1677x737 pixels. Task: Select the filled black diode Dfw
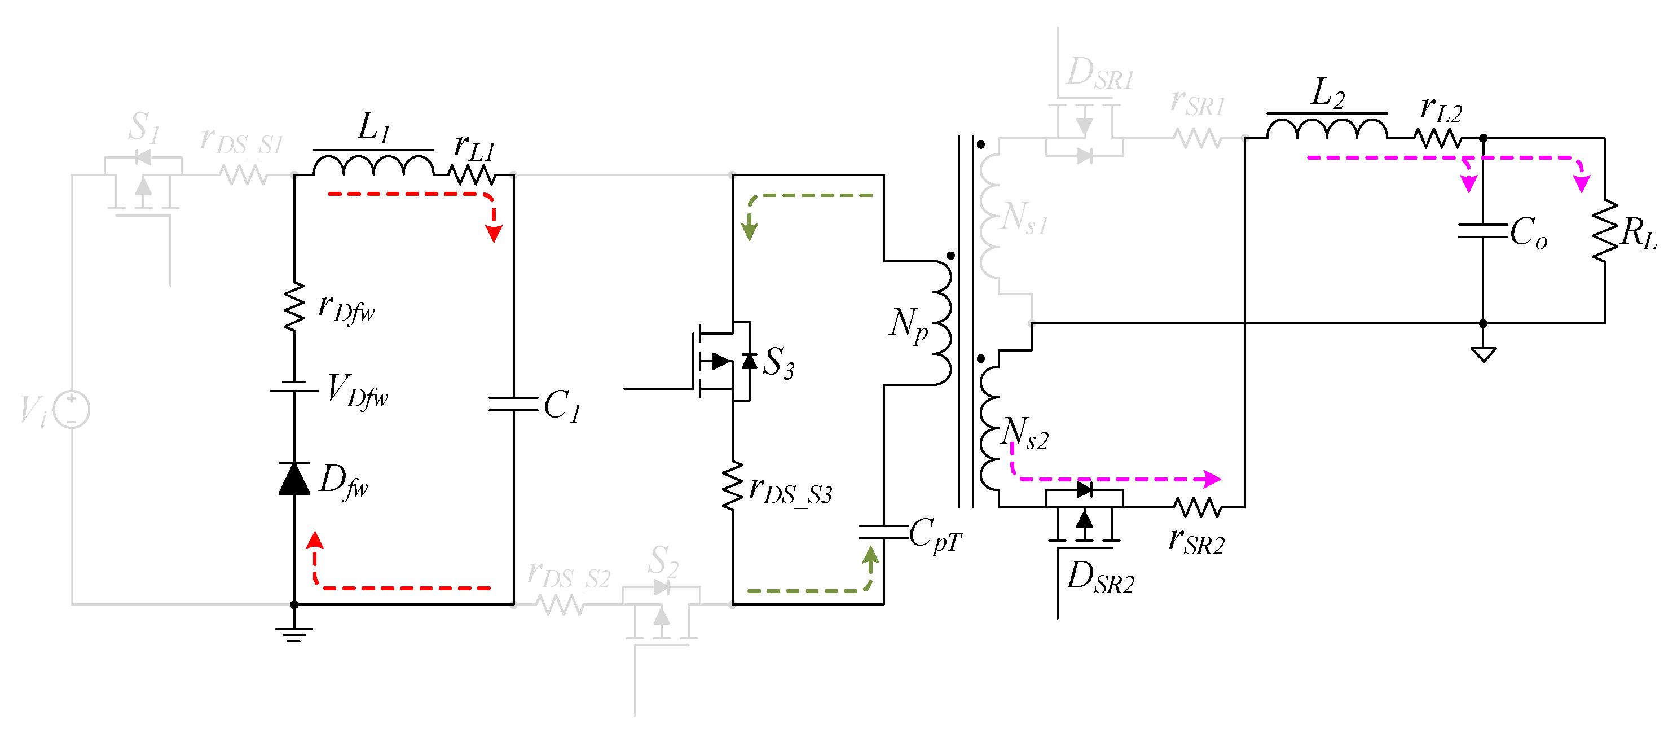[294, 479]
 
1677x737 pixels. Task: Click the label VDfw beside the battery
[356, 391]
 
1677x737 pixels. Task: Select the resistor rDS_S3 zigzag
[733, 486]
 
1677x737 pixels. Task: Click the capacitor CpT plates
[883, 533]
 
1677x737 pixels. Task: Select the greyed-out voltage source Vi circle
[71, 410]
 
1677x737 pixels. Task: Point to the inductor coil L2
[1326, 128]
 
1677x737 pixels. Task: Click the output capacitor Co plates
[1483, 231]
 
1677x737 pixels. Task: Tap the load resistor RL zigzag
[1605, 231]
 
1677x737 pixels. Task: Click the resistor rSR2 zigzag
[1198, 507]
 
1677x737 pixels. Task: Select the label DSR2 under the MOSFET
[1100, 578]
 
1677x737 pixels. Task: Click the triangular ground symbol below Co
[1483, 355]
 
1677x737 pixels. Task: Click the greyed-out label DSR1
[1100, 73]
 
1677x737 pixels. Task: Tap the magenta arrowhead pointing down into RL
[1581, 184]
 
